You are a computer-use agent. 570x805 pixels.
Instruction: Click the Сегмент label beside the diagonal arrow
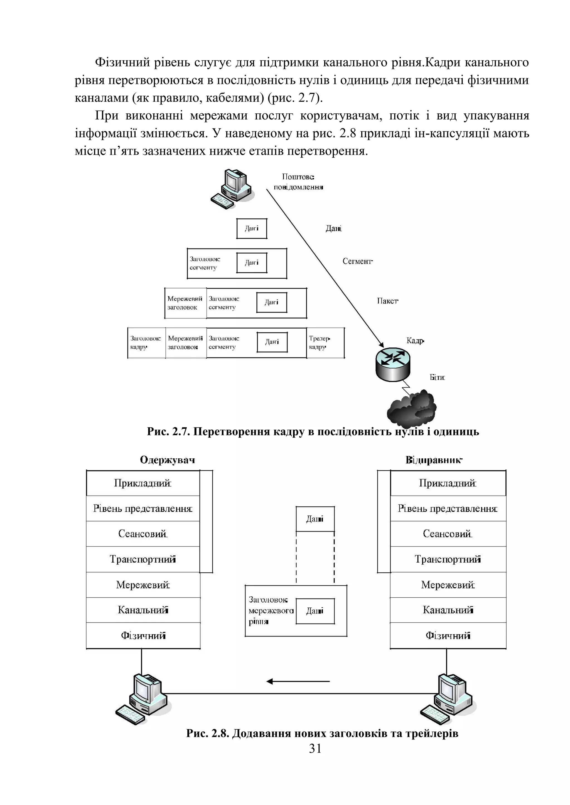click(357, 261)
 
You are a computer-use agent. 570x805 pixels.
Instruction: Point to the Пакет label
click(387, 301)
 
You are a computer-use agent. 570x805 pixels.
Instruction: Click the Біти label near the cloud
click(437, 377)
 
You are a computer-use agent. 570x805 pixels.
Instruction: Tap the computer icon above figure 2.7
click(231, 189)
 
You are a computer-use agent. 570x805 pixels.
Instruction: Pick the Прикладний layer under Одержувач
click(143, 483)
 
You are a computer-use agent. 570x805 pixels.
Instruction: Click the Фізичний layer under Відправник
click(448, 635)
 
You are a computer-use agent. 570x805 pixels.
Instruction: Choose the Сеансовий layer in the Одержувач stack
click(143, 534)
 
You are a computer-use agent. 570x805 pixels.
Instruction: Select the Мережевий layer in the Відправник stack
click(448, 585)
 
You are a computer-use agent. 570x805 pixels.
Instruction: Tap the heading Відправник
click(434, 460)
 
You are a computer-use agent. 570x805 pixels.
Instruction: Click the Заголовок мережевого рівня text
click(270, 610)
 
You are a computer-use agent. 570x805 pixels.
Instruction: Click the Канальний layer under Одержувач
click(143, 610)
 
